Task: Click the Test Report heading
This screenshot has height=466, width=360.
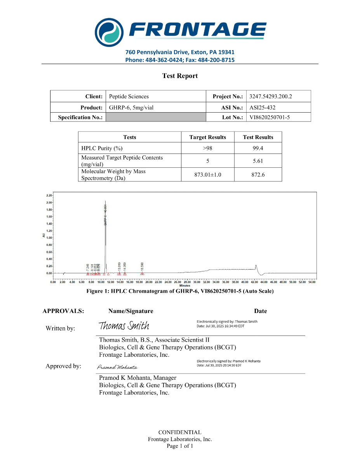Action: coord(180,76)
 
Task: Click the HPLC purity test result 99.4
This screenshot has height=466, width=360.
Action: coord(258,148)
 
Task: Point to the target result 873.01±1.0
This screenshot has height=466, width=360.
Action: coord(208,175)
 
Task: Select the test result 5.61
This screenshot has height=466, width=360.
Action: coord(258,161)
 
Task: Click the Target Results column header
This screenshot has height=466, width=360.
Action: coord(207,137)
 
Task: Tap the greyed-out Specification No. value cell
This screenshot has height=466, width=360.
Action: coord(155,117)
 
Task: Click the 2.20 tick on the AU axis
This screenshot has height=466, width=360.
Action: coord(49,195)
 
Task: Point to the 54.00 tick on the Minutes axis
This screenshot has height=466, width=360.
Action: coord(312,282)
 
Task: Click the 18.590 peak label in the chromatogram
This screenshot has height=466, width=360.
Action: coord(142,267)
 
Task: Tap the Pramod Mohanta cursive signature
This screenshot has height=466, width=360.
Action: coord(117,367)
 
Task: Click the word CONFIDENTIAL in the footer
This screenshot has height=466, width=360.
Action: coord(180,432)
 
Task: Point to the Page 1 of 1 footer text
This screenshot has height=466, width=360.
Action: coord(180,446)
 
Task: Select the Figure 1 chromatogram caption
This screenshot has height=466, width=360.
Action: coord(180,291)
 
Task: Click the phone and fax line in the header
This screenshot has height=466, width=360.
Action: coord(180,60)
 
